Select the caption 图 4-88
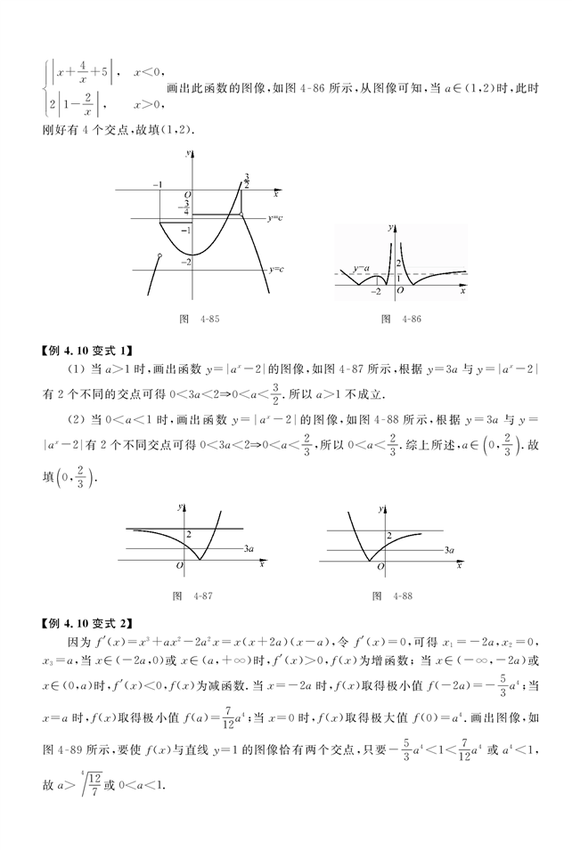tap(394, 595)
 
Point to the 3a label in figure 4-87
tap(249, 551)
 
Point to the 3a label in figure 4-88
tap(451, 551)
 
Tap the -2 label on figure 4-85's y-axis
tap(184, 262)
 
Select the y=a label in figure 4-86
tap(361, 267)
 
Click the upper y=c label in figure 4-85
tap(275, 217)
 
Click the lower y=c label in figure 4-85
tap(276, 269)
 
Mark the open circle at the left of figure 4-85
tap(159, 256)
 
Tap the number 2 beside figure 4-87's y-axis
tap(188, 533)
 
